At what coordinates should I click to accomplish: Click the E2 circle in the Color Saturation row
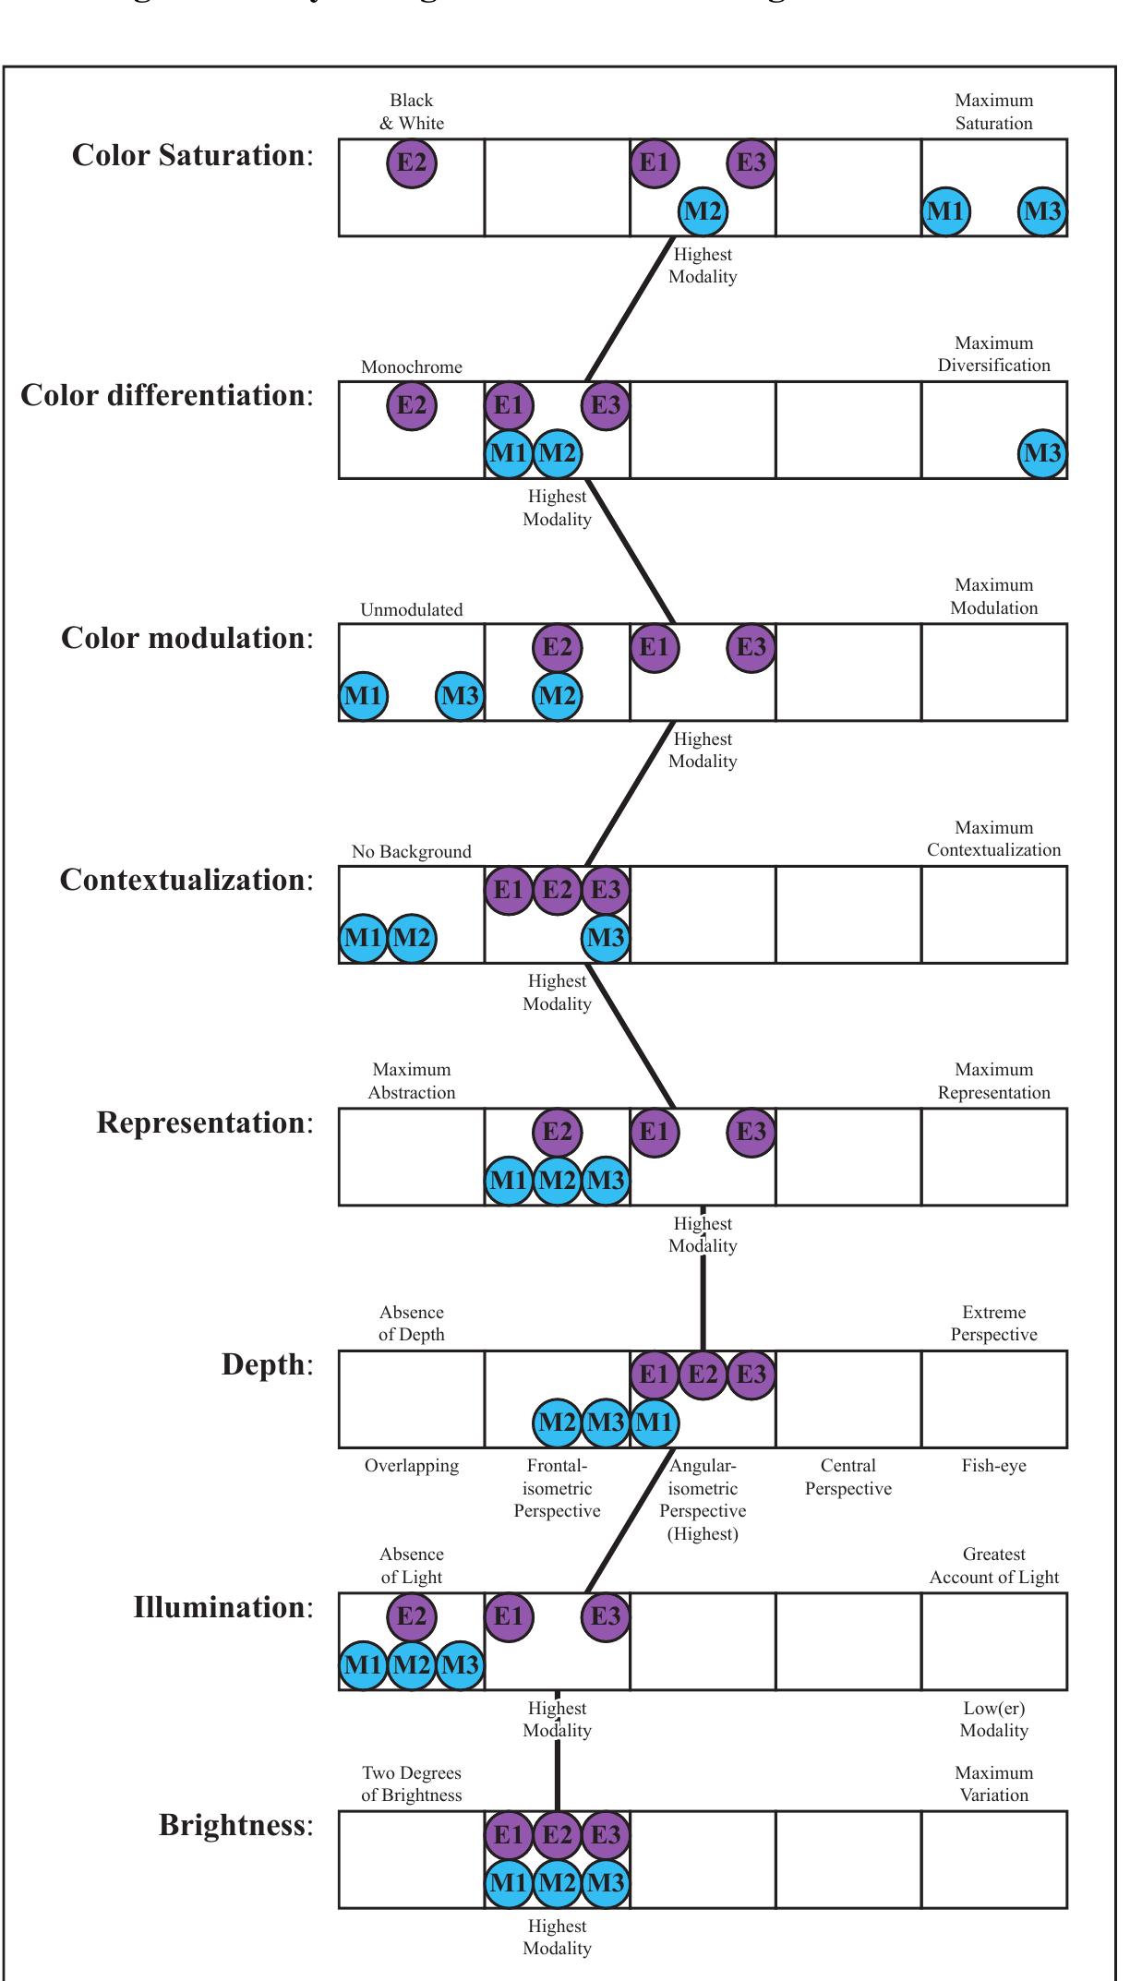tap(412, 163)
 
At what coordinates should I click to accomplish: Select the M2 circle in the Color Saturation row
tap(703, 211)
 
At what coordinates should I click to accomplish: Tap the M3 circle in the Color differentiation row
tap(1042, 453)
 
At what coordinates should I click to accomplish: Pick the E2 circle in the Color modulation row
tap(557, 647)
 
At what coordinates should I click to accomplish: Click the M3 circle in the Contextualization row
tap(606, 938)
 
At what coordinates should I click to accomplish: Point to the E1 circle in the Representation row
tap(654, 1132)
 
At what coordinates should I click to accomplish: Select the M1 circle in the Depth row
tap(654, 1423)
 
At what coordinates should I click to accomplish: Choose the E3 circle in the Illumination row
tap(606, 1616)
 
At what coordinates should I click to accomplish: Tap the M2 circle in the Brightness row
tap(557, 1882)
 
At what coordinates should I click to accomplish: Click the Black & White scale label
tap(412, 112)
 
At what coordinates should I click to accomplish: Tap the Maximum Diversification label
tap(993, 354)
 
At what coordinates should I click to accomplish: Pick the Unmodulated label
tap(412, 610)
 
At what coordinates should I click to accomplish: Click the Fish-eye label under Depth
tap(993, 1466)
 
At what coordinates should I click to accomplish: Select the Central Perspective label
tap(848, 1477)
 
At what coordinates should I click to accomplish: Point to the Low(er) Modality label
tap(993, 1720)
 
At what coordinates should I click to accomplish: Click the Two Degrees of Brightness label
tap(412, 1784)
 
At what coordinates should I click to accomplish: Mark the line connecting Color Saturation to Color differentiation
tap(631, 308)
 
